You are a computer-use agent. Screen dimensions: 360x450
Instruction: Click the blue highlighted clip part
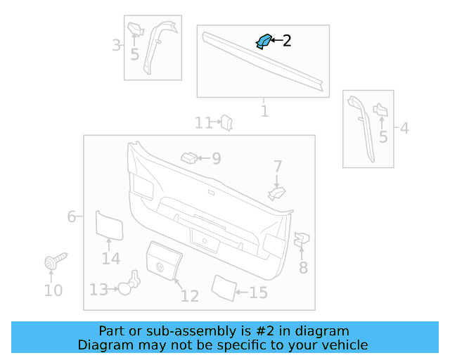(x=264, y=41)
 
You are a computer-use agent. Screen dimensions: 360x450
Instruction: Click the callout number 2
(x=287, y=41)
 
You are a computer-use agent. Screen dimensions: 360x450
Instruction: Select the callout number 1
(x=264, y=111)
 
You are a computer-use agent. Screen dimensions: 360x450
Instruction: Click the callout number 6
(x=71, y=217)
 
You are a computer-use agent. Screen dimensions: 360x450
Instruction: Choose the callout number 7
(x=278, y=167)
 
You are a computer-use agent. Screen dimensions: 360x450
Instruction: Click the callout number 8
(x=303, y=267)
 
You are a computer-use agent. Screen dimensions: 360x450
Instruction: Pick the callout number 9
(x=216, y=159)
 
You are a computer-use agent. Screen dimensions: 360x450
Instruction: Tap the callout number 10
(x=53, y=290)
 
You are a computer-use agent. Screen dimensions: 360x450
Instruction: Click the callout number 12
(x=190, y=296)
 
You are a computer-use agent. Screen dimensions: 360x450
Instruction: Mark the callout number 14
(x=110, y=259)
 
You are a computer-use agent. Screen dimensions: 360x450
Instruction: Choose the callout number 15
(x=258, y=292)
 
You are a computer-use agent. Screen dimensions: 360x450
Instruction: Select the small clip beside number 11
(x=226, y=123)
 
